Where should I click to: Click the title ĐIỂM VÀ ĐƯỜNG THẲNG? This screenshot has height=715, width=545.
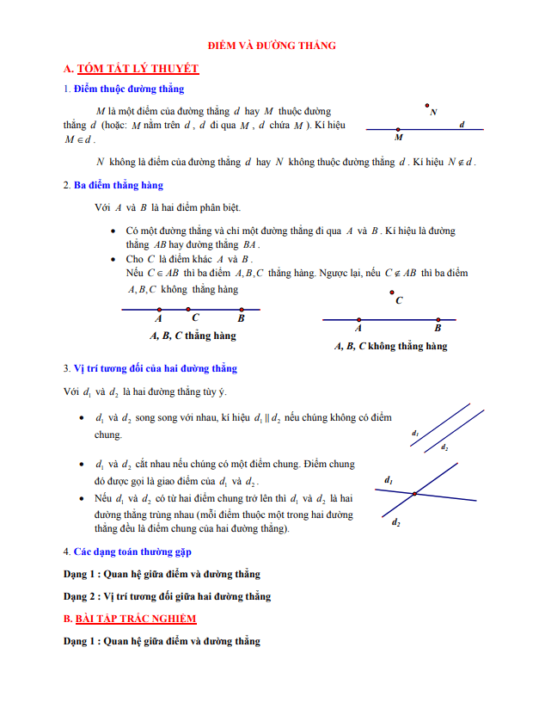tap(272, 46)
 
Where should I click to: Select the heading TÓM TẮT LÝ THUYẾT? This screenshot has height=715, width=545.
tap(138, 68)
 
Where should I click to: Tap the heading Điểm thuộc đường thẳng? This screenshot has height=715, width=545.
tap(128, 89)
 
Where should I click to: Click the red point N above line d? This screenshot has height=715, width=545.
tap(427, 107)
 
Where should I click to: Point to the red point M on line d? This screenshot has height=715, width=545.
tap(398, 130)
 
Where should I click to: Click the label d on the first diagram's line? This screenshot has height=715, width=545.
tap(462, 125)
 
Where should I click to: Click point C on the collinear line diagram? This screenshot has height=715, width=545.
tap(188, 309)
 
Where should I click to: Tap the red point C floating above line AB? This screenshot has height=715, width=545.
tap(392, 293)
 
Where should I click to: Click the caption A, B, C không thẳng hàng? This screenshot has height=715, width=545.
tap(390, 347)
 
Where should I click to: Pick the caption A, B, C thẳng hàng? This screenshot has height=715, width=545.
tap(193, 336)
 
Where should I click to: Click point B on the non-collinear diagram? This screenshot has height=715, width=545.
tap(438, 319)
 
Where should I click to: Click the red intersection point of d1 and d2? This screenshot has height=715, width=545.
tap(414, 493)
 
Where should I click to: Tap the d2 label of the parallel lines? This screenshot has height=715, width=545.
tap(444, 447)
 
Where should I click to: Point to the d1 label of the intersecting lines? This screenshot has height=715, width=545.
tap(389, 479)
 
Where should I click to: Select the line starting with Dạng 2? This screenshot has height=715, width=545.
tap(167, 595)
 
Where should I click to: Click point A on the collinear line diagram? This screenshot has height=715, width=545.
tap(159, 309)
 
